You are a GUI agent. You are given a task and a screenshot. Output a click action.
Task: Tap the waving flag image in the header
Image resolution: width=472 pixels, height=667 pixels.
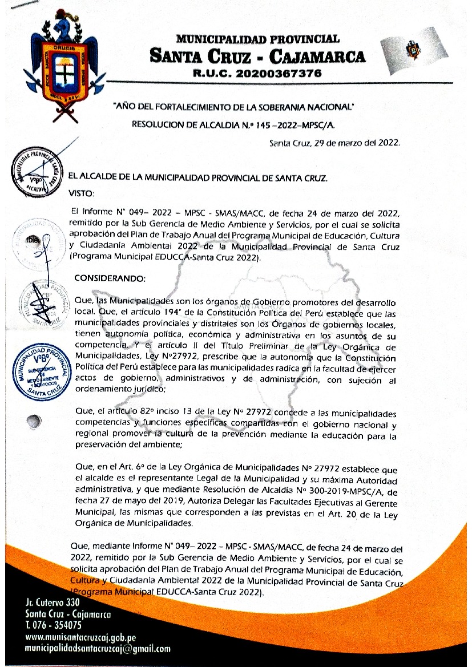pyautogui.click(x=410, y=51)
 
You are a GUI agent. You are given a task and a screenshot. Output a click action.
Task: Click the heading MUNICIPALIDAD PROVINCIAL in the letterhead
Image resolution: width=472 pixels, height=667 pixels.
pyautogui.click(x=258, y=39)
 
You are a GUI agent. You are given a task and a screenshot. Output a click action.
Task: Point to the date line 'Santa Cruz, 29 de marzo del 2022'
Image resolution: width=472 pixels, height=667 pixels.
pyautogui.click(x=334, y=144)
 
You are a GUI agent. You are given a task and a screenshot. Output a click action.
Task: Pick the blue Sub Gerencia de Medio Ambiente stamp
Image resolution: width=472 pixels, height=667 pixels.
pyautogui.click(x=41, y=371)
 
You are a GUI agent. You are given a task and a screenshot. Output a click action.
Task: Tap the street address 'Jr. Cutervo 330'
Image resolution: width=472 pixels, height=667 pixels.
pyautogui.click(x=53, y=603)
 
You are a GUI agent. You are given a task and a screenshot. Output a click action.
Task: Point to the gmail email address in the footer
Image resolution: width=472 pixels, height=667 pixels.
pyautogui.click(x=98, y=649)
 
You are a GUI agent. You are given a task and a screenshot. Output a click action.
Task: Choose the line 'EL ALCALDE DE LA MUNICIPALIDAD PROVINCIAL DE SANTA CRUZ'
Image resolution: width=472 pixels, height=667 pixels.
pyautogui.click(x=198, y=178)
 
